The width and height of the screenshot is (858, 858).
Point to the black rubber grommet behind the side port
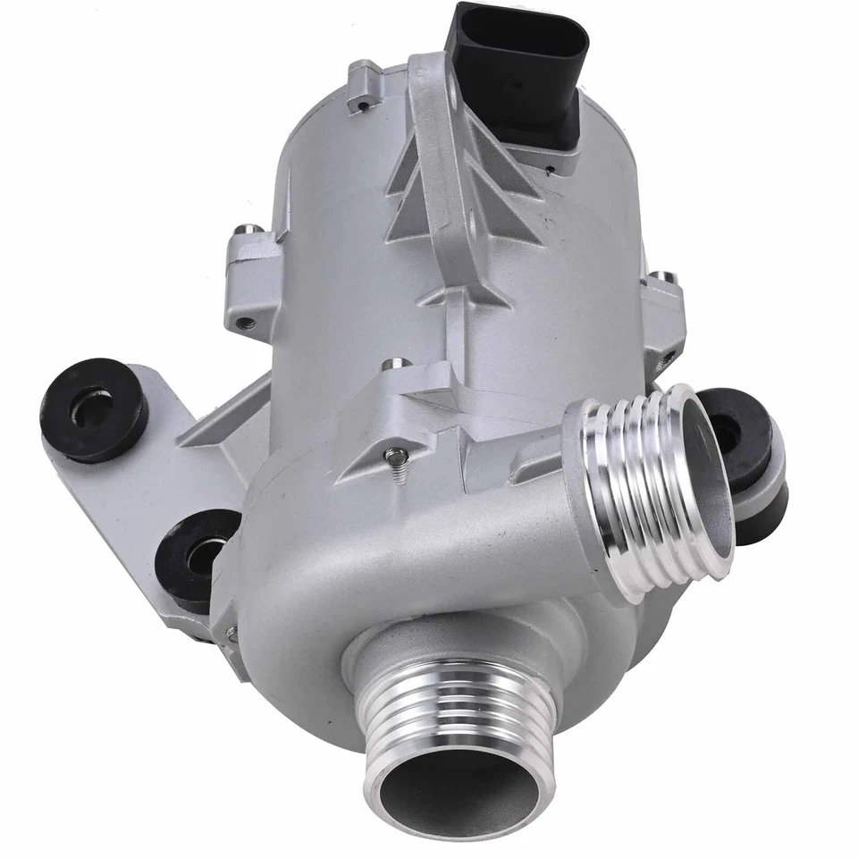point(746,447)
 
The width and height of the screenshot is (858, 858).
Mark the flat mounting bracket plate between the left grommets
point(116,500)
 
